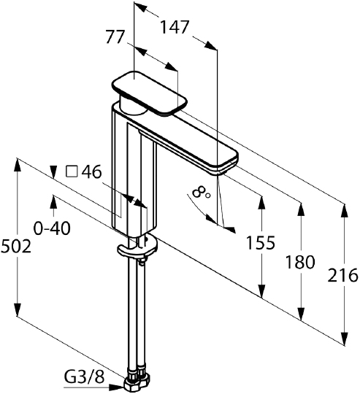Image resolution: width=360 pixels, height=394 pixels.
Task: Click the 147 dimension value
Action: (x=175, y=27)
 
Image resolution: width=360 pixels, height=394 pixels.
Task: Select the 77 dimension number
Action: (x=115, y=37)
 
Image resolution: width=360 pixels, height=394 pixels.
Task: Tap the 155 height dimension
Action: (x=261, y=243)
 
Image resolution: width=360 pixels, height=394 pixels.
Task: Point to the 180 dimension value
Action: (x=300, y=262)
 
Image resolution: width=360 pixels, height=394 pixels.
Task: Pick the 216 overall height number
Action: (x=343, y=275)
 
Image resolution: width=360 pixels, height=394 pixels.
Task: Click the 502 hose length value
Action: (x=16, y=247)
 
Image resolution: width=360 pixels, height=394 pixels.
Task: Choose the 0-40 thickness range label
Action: (x=52, y=228)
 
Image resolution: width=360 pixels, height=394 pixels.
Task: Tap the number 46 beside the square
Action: (x=92, y=172)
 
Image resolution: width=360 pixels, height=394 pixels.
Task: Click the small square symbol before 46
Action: (x=72, y=172)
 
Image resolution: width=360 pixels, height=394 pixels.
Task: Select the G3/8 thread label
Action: (x=84, y=377)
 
